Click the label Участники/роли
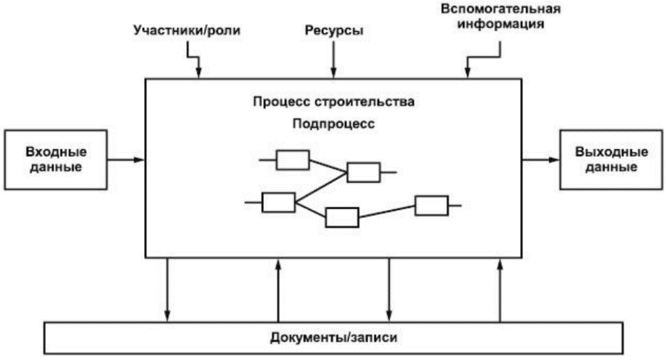click(x=187, y=31)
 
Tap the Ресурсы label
click(x=334, y=31)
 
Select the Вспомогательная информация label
click(x=501, y=16)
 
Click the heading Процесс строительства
click(x=333, y=102)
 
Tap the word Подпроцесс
click(x=333, y=124)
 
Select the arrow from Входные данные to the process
click(x=126, y=160)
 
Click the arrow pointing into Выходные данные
click(x=541, y=160)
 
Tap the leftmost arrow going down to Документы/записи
click(x=167, y=290)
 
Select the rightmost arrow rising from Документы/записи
click(x=500, y=290)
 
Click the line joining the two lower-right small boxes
click(x=387, y=211)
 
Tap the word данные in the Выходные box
click(x=611, y=167)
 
